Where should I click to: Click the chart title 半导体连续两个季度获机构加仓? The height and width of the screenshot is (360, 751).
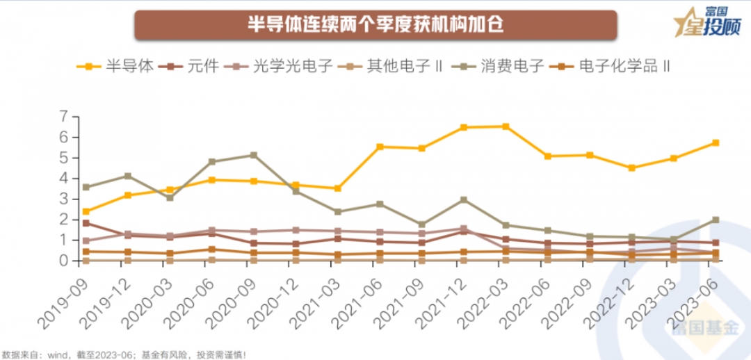[375, 25]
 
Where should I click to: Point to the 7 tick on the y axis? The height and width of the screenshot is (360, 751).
[65, 117]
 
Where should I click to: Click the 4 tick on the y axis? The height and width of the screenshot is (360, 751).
[65, 179]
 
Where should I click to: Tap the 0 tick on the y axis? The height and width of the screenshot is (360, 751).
[65, 261]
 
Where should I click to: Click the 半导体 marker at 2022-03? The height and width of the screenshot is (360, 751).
[506, 126]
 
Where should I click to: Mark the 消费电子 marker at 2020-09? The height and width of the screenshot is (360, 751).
[254, 155]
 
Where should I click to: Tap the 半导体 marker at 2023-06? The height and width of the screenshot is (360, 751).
[716, 143]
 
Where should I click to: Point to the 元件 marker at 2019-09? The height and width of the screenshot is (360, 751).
[86, 223]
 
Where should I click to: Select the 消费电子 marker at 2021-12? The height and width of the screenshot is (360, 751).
[464, 199]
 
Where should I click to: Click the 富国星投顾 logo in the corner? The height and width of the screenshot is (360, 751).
[709, 23]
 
